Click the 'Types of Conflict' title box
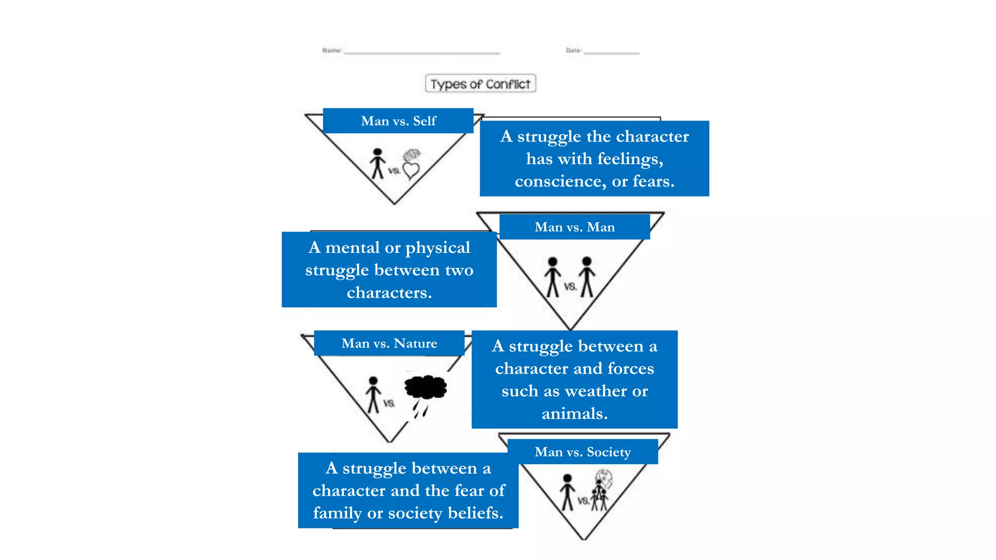pos(480,84)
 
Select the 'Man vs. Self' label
pos(398,121)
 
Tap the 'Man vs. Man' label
pos(574,227)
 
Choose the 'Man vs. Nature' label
pos(389,343)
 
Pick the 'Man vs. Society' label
pos(583,452)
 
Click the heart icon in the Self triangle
pos(411,171)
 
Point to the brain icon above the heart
pos(412,156)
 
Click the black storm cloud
pos(426,387)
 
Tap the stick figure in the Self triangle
pos(377,164)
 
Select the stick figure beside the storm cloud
pos(373,394)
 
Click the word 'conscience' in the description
pos(560,181)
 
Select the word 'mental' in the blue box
pos(353,248)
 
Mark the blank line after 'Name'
pos(422,52)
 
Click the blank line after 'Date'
pos(612,52)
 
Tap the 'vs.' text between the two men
pos(570,287)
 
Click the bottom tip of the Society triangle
pos(584,538)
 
